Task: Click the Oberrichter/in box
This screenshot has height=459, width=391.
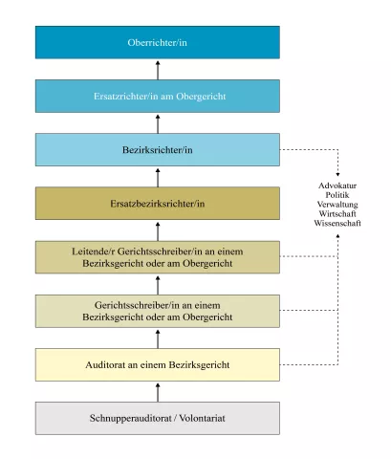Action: click(x=158, y=42)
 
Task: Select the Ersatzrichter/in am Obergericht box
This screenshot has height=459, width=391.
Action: click(x=158, y=96)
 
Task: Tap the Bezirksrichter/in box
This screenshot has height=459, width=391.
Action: click(x=158, y=150)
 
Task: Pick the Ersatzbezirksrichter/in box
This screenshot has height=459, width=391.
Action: click(x=158, y=204)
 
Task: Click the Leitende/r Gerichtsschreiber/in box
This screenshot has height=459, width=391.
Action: click(x=158, y=257)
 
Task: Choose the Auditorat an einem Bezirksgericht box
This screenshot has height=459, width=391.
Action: click(x=158, y=364)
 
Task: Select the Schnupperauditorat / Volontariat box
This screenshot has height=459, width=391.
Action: click(x=158, y=418)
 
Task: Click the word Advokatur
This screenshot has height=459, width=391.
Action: click(x=337, y=186)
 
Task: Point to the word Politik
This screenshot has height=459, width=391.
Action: click(x=337, y=195)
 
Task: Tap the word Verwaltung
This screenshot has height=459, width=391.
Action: click(x=337, y=205)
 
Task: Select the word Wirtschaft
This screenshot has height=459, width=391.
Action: click(x=337, y=213)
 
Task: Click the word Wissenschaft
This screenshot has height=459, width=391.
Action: click(x=337, y=223)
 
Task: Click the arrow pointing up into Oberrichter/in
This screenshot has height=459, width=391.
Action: click(x=158, y=70)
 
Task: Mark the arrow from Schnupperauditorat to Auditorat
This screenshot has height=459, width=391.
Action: click(x=158, y=392)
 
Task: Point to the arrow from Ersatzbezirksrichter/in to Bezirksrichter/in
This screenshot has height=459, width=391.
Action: click(x=158, y=178)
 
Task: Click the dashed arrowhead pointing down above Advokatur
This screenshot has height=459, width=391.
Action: click(x=337, y=174)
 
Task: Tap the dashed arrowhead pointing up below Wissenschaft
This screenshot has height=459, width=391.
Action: click(x=337, y=236)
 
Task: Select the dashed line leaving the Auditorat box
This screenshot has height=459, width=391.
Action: click(x=309, y=364)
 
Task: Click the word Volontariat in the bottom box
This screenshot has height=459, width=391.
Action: click(x=202, y=418)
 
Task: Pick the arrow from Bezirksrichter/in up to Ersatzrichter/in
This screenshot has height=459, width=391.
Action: click(x=158, y=124)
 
